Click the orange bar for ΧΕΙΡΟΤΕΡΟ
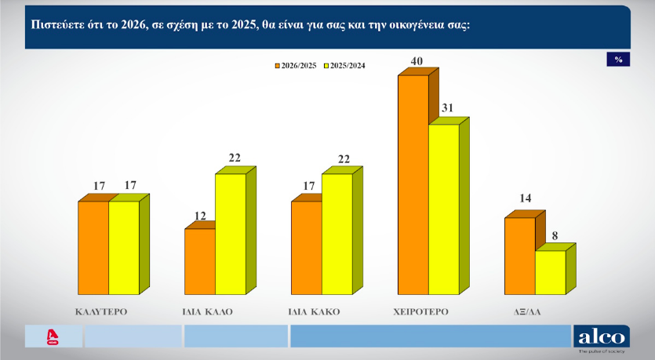tap(413, 184)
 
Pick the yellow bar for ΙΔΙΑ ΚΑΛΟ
tap(230, 234)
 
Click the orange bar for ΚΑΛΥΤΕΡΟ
tap(93, 248)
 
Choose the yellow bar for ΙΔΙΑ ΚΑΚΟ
tap(337, 234)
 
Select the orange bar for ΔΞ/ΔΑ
tap(519, 256)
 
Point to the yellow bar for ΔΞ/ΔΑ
tap(550, 272)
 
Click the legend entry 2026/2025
tap(297, 65)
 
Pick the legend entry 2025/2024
tap(345, 65)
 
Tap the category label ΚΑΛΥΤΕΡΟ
tap(101, 311)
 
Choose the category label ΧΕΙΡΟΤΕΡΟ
tap(420, 311)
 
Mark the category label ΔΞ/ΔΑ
tap(526, 311)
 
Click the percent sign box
tap(618, 60)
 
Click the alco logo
tap(602, 337)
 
